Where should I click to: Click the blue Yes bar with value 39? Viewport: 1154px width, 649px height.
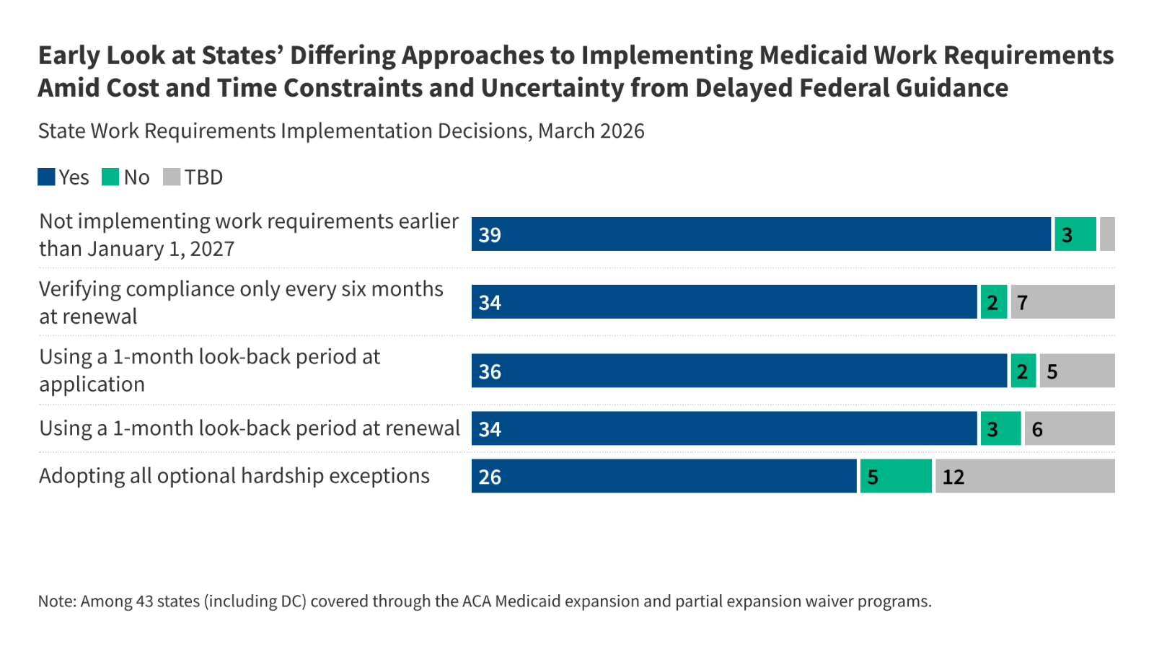761,234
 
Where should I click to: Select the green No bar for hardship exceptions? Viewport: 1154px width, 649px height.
896,476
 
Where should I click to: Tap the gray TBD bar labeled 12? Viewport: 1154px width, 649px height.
1025,476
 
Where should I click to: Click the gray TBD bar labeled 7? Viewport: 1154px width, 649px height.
1062,302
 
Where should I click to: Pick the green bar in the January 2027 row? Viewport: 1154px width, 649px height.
1075,234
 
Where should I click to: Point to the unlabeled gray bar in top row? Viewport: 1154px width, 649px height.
1107,234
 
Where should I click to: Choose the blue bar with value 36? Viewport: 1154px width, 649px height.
739,371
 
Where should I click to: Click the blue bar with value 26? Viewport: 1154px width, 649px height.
664,476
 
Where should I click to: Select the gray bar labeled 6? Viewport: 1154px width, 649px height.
1069,428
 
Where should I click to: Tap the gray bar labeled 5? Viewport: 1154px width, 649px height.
1077,371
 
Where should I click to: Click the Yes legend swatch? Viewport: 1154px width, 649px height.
46,177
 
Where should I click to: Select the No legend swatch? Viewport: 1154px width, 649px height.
110,177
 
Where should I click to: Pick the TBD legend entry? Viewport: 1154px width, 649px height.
193,177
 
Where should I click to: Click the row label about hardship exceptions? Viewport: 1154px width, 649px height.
234,476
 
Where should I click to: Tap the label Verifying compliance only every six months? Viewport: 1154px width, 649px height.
241,289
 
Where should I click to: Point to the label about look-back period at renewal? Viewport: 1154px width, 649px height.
249,428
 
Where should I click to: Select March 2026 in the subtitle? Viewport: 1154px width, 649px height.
591,131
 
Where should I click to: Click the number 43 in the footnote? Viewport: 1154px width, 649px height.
144,601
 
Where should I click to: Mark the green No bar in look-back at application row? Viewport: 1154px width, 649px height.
1023,371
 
